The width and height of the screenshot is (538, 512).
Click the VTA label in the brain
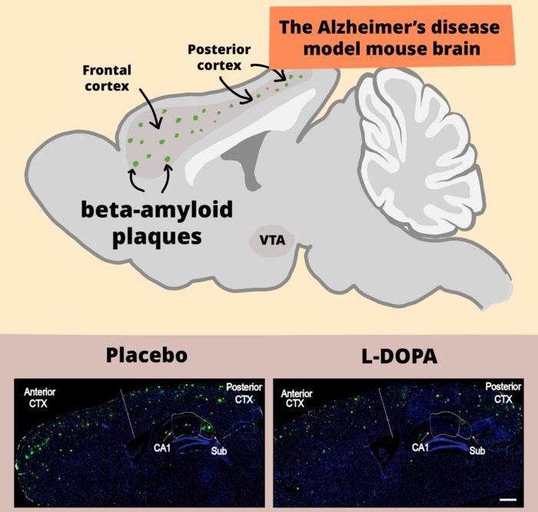(272, 240)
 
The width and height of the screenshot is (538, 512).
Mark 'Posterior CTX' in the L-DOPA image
(502, 393)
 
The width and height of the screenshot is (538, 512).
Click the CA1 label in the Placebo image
(162, 447)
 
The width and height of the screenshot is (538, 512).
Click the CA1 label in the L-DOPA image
(420, 447)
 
